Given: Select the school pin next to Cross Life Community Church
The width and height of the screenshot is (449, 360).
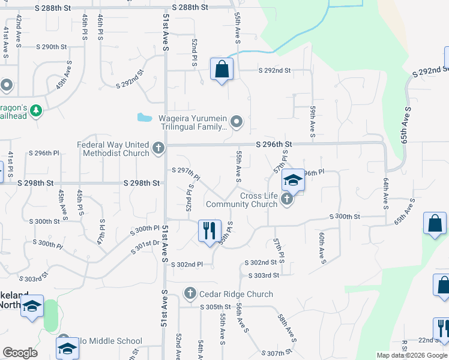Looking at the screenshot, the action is pyautogui.click(x=293, y=180).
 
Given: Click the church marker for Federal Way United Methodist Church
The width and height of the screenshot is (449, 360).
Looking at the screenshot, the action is pyautogui.click(x=158, y=148).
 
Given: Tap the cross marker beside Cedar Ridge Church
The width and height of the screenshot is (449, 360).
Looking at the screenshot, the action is pyautogui.click(x=190, y=293).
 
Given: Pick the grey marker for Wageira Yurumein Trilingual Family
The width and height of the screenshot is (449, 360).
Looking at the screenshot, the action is pyautogui.click(x=237, y=122).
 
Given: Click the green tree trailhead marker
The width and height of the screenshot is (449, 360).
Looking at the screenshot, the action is pyautogui.click(x=36, y=110).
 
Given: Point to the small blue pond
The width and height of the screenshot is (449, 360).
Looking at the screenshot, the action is pyautogui.click(x=144, y=117).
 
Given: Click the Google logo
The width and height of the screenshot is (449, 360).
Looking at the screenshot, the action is pyautogui.click(x=20, y=353).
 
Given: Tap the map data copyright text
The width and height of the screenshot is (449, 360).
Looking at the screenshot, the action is pyautogui.click(x=412, y=355).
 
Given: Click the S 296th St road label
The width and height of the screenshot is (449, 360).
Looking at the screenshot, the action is pyautogui.click(x=273, y=145).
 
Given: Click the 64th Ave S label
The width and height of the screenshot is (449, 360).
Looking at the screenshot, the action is pyautogui.click(x=385, y=191).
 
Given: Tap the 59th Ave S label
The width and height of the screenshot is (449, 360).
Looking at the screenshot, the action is pyautogui.click(x=313, y=119).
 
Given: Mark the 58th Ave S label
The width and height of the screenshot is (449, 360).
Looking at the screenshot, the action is pyautogui.click(x=287, y=327).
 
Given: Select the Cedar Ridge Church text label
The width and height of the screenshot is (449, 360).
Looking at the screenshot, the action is pyautogui.click(x=236, y=294).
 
